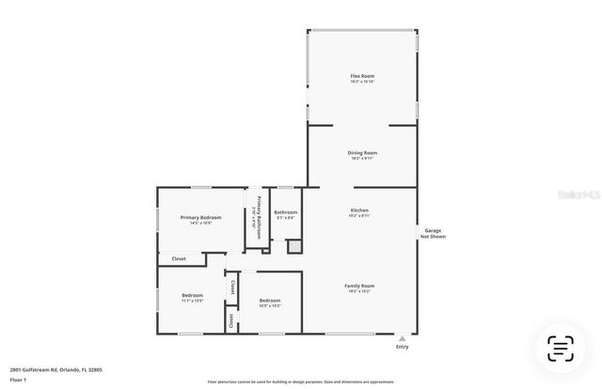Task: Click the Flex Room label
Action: coord(363,75)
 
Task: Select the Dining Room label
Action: coord(363,152)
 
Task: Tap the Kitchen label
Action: coord(359,210)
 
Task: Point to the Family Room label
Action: coord(359,286)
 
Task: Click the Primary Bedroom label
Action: coord(200,217)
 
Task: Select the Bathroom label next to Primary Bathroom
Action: coord(286,212)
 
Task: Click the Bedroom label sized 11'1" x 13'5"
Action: coord(192,295)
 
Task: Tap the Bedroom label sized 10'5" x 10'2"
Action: coord(270,301)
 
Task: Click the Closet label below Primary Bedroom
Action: coord(179,258)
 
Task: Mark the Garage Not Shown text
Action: coord(433,233)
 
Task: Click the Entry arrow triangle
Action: coord(403,337)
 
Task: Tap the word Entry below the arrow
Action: coord(403,347)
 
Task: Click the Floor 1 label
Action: coord(19,381)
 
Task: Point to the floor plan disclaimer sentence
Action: coord(301,382)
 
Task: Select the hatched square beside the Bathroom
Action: coord(293,246)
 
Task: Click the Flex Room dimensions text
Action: coord(363,82)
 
